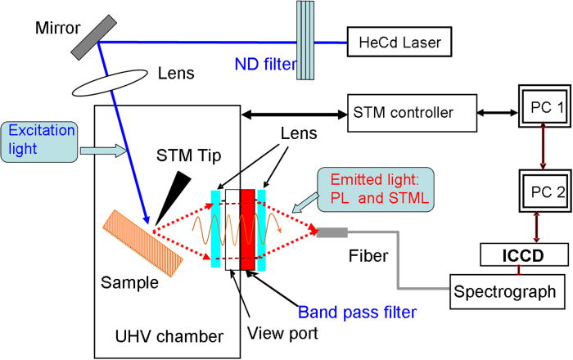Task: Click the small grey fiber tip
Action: pos(333,233)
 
